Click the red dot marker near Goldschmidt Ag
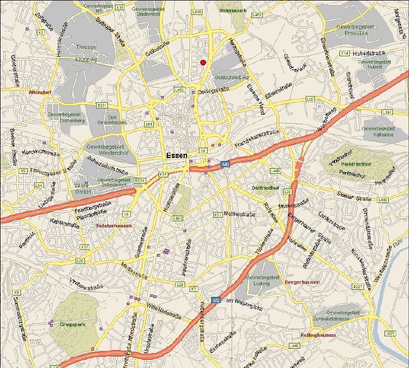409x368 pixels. pyautogui.click(x=203, y=62)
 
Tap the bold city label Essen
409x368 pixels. pyautogui.click(x=177, y=155)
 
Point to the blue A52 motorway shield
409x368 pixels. pyautogui.click(x=216, y=300)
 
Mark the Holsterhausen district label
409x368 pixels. pyautogui.click(x=114, y=225)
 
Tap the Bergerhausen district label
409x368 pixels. pyautogui.click(x=302, y=282)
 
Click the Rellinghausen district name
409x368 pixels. pyautogui.click(x=317, y=335)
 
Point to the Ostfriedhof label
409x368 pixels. pyautogui.click(x=265, y=188)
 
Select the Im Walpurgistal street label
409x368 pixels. pyautogui.click(x=244, y=301)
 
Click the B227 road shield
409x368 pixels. pyautogui.click(x=358, y=287)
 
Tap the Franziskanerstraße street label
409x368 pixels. pyautogui.click(x=257, y=140)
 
